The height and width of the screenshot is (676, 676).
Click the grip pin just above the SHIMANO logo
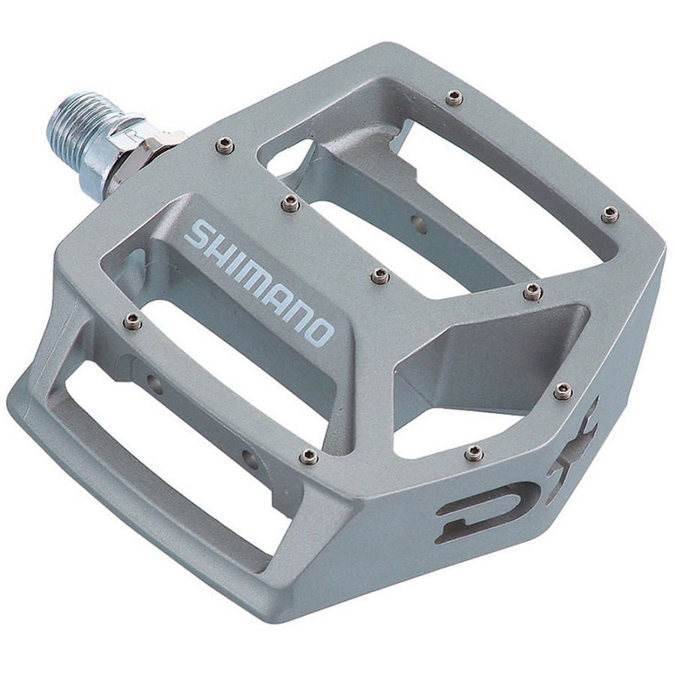click(x=291, y=203)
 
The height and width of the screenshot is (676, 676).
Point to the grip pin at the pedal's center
click(x=381, y=276)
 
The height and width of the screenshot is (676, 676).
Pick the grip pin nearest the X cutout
click(x=563, y=391)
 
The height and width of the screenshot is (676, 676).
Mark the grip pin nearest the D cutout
click(x=473, y=453)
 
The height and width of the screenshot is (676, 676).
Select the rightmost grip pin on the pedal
click(x=611, y=215)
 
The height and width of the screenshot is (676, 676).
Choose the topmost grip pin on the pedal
click(x=454, y=97)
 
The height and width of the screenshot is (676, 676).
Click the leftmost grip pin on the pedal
click(x=132, y=321)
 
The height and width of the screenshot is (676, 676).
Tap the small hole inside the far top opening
click(x=419, y=224)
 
